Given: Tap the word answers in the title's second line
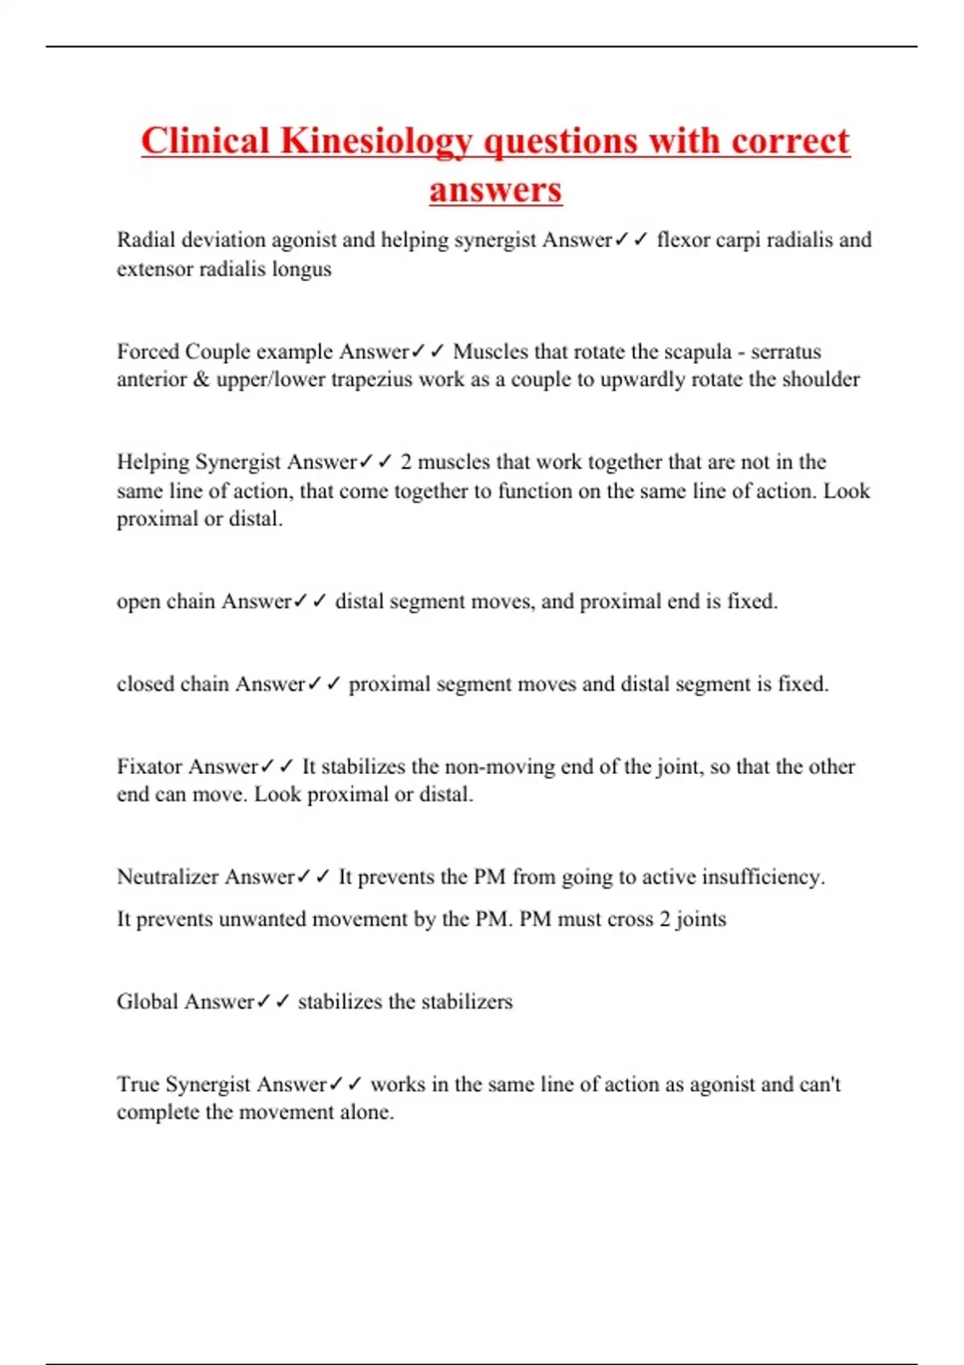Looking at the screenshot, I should pyautogui.click(x=496, y=190).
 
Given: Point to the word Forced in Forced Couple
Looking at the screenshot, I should pyautogui.click(x=148, y=351).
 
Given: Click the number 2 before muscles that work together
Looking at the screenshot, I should pyautogui.click(x=406, y=462).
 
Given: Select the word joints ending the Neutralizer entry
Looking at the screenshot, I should pyautogui.click(x=701, y=919).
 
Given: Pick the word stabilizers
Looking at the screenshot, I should pyautogui.click(x=467, y=1001).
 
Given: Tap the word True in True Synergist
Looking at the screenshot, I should pyautogui.click(x=138, y=1084).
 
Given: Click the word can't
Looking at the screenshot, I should pyautogui.click(x=819, y=1084).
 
